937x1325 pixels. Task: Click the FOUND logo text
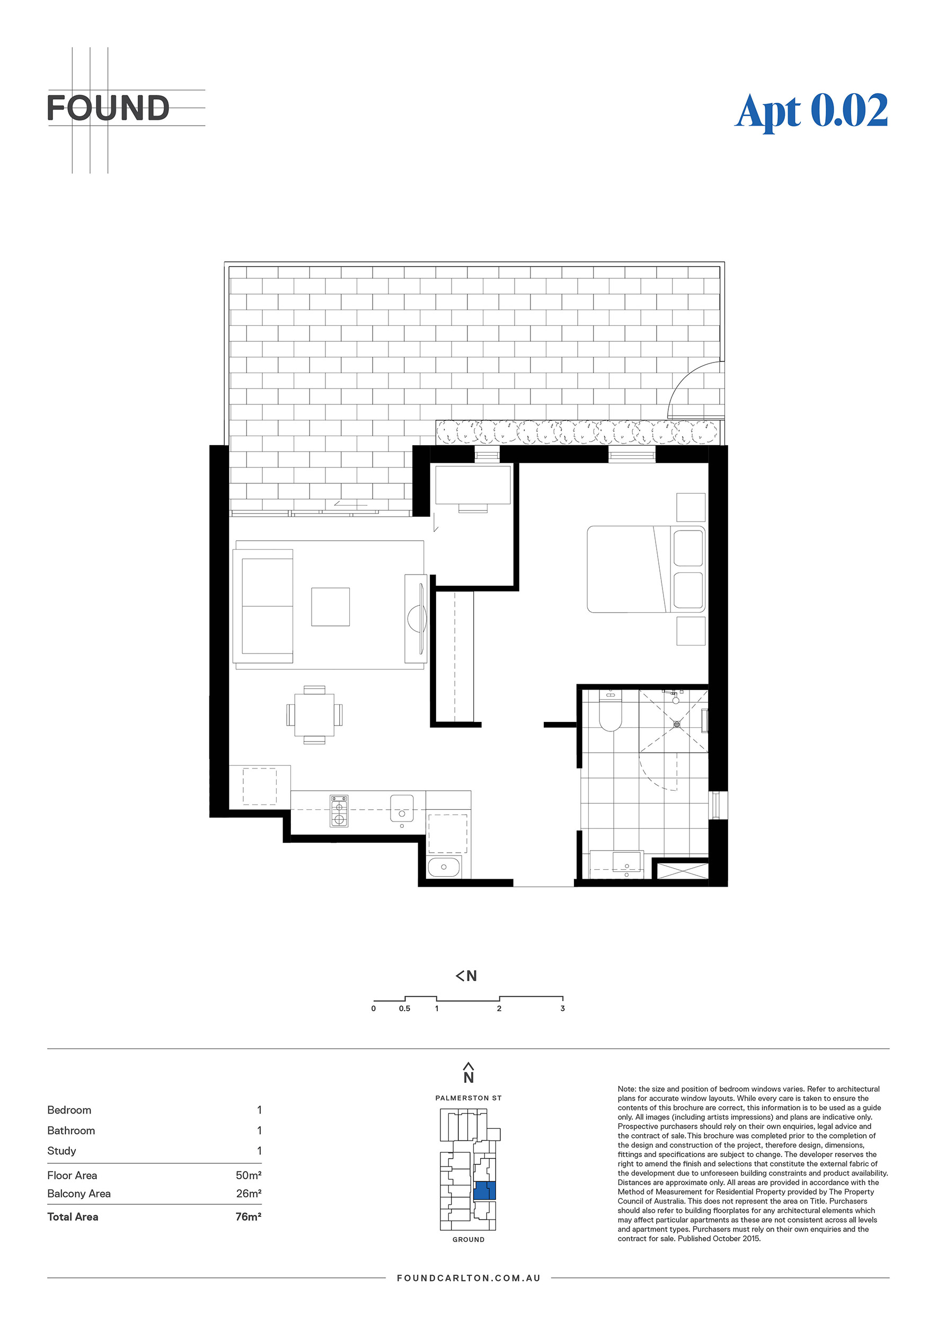(109, 109)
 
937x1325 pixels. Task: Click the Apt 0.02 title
(811, 111)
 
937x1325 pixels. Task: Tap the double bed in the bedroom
(646, 569)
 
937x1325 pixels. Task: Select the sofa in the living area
(263, 606)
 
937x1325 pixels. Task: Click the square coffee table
(331, 606)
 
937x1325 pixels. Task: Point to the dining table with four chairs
(314, 715)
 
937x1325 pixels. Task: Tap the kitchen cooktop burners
(339, 811)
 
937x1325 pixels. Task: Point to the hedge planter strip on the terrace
(578, 432)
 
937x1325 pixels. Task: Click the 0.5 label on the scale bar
(404, 1009)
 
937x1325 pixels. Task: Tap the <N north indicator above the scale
(466, 976)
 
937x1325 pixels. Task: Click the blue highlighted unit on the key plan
(484, 1190)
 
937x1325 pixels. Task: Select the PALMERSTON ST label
(468, 1098)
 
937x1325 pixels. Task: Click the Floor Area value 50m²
(249, 1176)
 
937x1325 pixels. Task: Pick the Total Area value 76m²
(249, 1216)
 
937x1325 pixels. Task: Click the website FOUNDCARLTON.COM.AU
(468, 1278)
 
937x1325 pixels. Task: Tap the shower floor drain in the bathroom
(677, 723)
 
